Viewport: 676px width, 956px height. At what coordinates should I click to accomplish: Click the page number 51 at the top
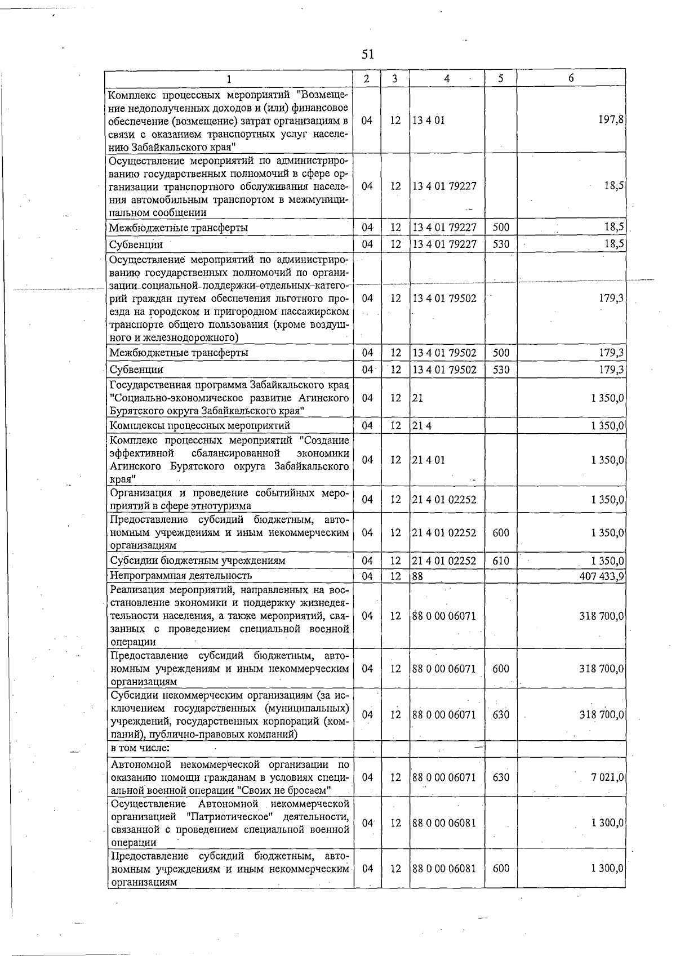coord(368,54)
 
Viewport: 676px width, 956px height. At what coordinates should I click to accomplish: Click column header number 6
coord(571,79)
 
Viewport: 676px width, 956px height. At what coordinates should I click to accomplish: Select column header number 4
coord(447,79)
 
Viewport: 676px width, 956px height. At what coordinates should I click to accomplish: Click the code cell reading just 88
coord(417,576)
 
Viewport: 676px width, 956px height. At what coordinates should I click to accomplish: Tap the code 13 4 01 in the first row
coord(428,121)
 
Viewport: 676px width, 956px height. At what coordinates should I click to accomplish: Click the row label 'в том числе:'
coord(140,748)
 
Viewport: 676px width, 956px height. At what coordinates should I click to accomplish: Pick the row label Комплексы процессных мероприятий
coord(200,425)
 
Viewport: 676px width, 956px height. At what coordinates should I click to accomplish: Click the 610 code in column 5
coord(500,561)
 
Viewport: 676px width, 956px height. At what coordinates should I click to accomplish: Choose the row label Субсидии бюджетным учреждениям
coord(198,561)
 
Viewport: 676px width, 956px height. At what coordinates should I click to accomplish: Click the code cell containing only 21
coord(417,398)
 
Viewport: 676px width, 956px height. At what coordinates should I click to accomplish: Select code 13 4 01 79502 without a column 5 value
coord(444,298)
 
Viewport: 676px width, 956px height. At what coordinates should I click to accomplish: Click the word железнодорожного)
coord(189,337)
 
